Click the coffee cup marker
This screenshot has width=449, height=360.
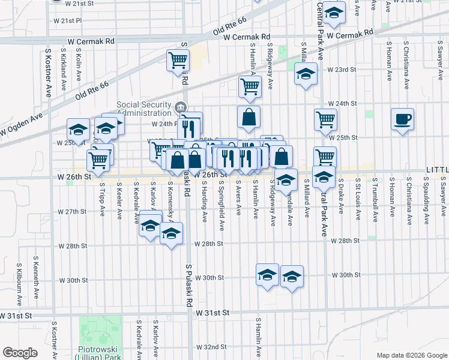tap(402, 118)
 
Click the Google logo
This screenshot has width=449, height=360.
tap(20, 353)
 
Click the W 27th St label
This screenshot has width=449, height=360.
tap(72, 212)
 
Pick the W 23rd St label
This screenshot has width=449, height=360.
tap(342, 70)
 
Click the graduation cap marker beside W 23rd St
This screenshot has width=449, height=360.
tap(306, 74)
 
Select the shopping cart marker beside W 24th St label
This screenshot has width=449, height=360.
tap(325, 118)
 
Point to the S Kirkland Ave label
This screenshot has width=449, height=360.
tap(64, 66)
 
